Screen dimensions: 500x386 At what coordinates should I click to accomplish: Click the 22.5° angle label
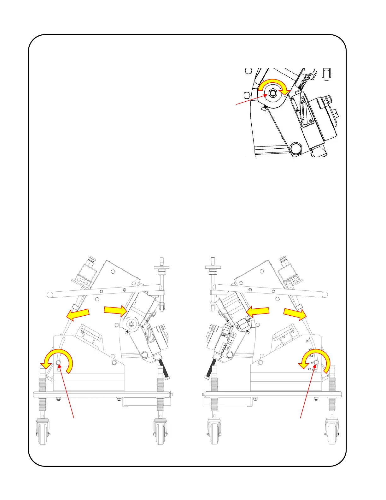pyautogui.click(x=311, y=369)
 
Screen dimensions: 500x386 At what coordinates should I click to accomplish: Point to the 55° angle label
pyautogui.click(x=307, y=341)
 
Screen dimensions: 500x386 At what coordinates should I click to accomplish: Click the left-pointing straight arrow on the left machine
pyautogui.click(x=78, y=314)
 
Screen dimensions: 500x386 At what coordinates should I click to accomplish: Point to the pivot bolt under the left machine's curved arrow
pyautogui.click(x=59, y=363)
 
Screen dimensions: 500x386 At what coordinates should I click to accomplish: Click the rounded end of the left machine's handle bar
pyautogui.click(x=50, y=295)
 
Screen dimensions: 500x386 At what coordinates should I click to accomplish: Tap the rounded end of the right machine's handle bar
pyautogui.click(x=325, y=295)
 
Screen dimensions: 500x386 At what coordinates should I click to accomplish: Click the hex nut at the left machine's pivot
pyautogui.click(x=131, y=324)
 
